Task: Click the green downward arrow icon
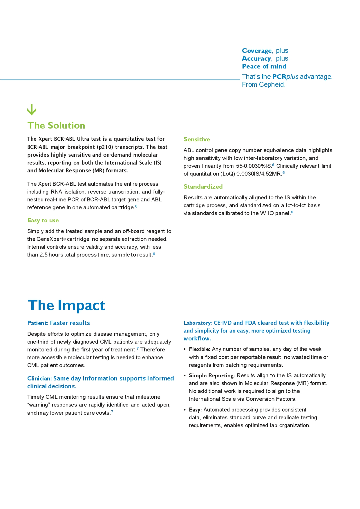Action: (x=32, y=109)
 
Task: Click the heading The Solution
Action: (x=56, y=125)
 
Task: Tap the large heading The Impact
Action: (x=66, y=305)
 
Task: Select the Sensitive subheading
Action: (x=197, y=139)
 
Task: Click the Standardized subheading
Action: (x=203, y=187)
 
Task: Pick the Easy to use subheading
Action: (x=43, y=221)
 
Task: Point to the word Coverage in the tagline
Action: (x=257, y=51)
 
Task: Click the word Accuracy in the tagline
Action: (x=256, y=59)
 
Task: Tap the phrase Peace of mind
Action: (x=264, y=66)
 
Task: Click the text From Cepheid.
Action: (x=264, y=84)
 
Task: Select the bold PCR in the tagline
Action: (x=279, y=77)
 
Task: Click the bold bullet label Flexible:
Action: (x=199, y=349)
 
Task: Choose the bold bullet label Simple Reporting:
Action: (x=211, y=376)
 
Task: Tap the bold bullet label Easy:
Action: (x=195, y=410)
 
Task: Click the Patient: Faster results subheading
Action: (x=59, y=323)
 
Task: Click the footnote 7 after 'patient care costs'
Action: (x=112, y=411)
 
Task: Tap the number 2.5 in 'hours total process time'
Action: (x=43, y=255)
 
